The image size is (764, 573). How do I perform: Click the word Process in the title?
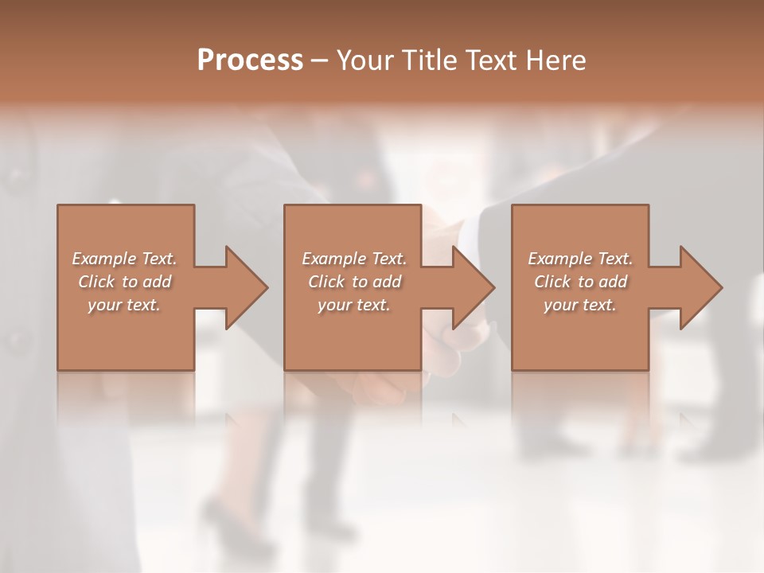pos(250,60)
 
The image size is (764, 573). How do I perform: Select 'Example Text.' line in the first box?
pos(124,259)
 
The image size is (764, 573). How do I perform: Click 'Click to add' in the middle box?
pos(354,282)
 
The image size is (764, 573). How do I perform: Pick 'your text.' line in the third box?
pos(579,305)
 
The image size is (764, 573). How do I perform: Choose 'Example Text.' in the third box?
pos(579,259)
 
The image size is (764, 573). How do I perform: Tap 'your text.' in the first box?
pos(124,305)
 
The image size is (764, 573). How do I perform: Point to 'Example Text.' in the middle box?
pos(354,259)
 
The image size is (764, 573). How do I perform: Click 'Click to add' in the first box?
pos(124,282)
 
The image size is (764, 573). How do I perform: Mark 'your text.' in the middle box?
pos(354,305)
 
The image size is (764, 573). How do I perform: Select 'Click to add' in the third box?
pos(579,282)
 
